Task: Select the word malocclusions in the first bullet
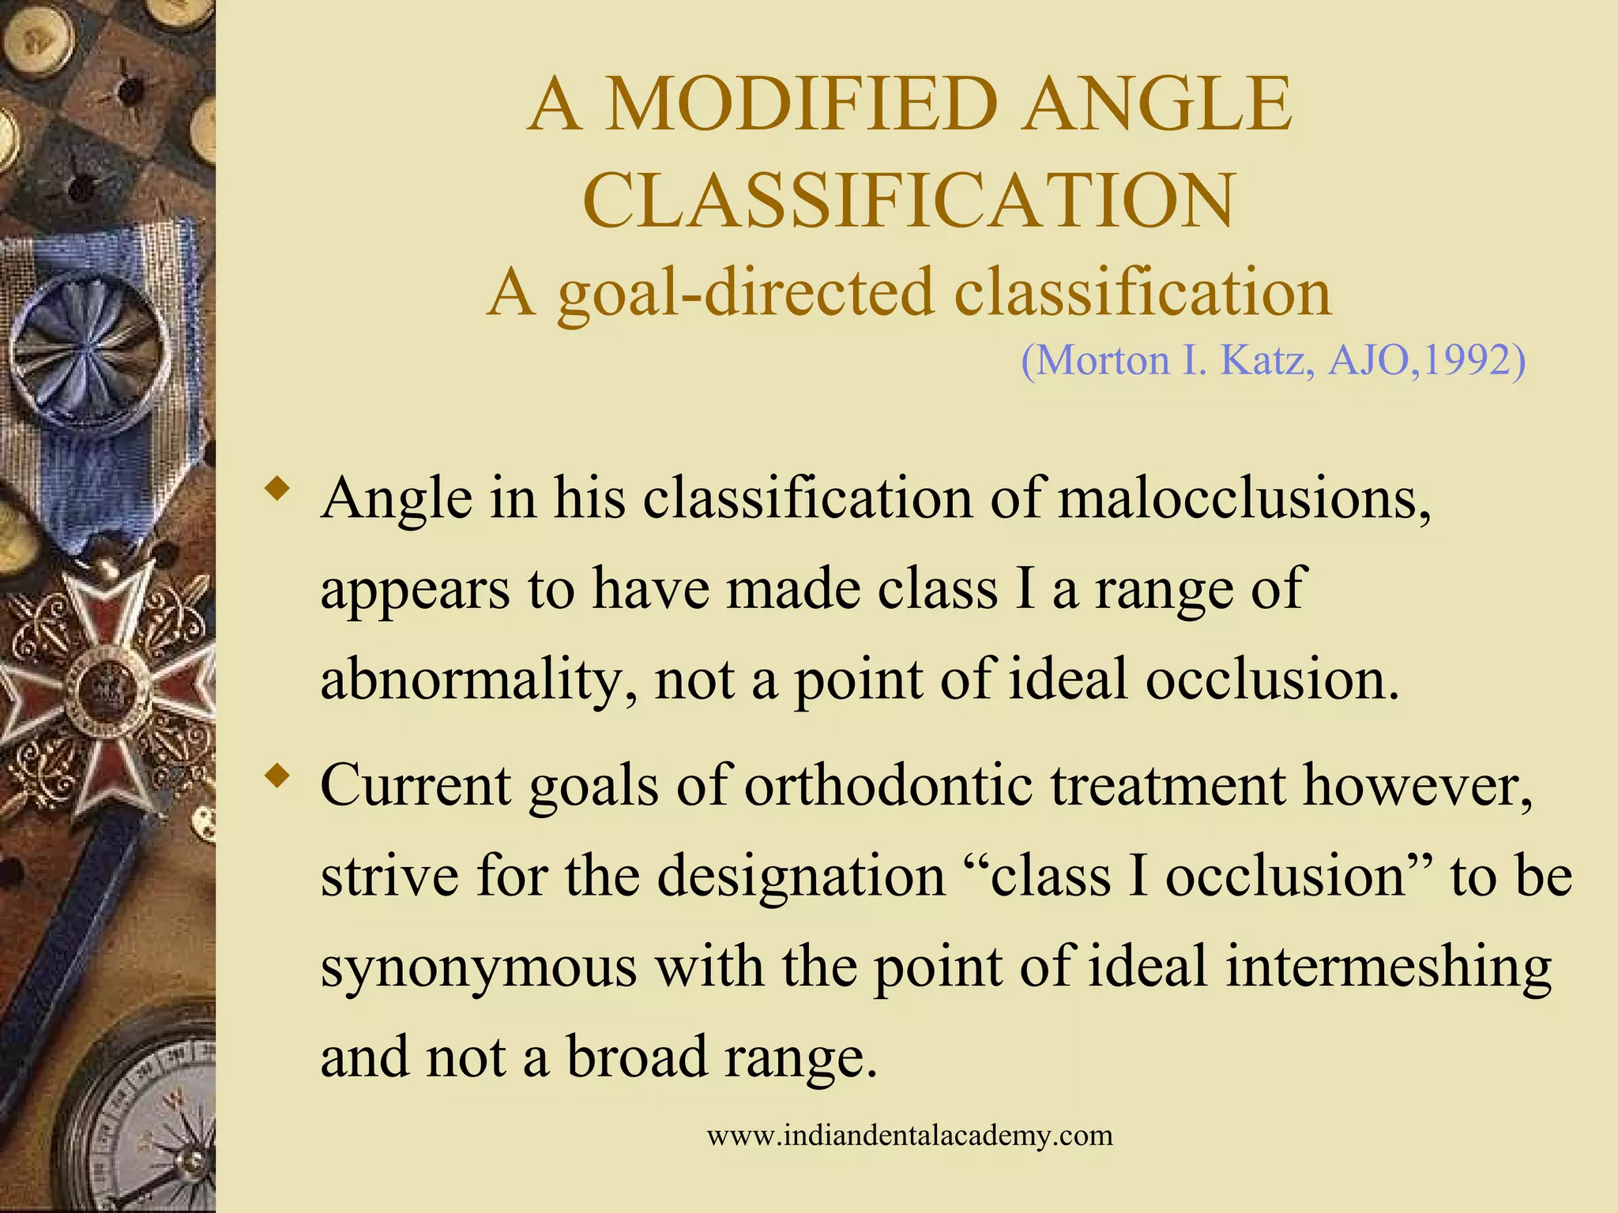tap(1244, 499)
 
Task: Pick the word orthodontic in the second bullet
tap(888, 786)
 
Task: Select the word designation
tap(801, 877)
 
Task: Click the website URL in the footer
tap(909, 1136)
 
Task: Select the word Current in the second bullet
tap(416, 786)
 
